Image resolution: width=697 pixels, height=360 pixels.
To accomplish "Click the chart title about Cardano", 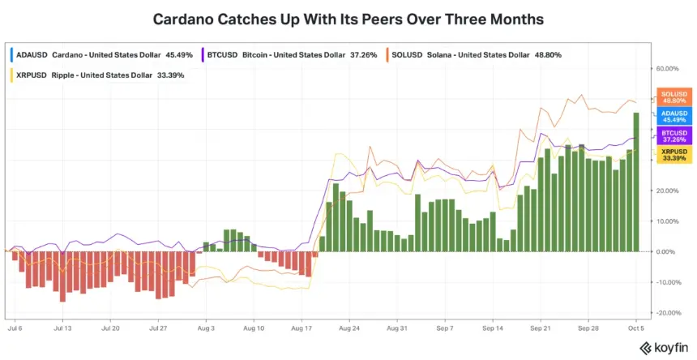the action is [348, 19].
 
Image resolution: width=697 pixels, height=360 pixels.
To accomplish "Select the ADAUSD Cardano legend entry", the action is [102, 55].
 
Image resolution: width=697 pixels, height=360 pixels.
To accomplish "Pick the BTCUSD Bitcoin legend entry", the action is [289, 55].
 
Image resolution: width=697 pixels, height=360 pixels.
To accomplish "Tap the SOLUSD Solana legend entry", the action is [474, 55].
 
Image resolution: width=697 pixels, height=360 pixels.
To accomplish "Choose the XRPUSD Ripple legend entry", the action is [97, 75].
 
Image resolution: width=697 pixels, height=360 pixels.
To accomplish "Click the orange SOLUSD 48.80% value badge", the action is [673, 97].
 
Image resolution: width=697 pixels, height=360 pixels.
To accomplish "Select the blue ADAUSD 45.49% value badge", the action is [673, 117].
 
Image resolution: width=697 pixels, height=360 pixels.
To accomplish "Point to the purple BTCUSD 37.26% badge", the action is [673, 136].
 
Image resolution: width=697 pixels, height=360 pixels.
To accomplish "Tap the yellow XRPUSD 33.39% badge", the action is [673, 155].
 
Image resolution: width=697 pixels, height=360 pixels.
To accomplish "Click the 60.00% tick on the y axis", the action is [668, 69].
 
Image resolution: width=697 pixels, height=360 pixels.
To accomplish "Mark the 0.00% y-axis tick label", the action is [669, 251].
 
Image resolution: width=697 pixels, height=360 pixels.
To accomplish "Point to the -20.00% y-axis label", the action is [668, 313].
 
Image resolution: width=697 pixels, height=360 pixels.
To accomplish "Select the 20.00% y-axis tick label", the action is [668, 191].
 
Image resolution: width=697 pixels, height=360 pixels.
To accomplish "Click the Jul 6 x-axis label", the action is [15, 328].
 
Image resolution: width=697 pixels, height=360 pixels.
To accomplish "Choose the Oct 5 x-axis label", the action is [636, 328].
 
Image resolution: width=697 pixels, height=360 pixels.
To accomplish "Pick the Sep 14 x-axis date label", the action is [493, 328].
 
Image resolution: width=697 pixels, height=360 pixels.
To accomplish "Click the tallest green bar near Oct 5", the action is [636, 182].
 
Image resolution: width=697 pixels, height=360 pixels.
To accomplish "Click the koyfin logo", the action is [664, 348].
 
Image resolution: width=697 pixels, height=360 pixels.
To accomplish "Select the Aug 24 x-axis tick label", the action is [349, 328].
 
